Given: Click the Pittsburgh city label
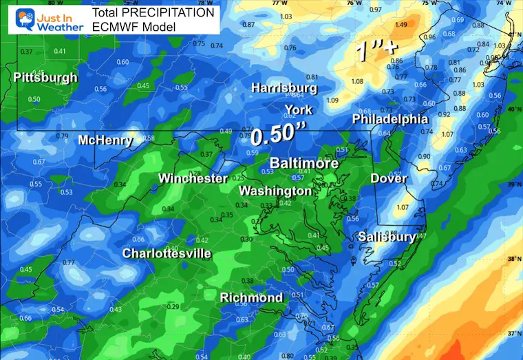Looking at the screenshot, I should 45,78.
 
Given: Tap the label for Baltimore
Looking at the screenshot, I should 303,164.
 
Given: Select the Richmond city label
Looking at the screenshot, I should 251,297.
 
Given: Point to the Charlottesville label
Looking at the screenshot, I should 167,253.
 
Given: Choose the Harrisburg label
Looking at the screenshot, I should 284,88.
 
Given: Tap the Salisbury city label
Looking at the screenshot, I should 387,237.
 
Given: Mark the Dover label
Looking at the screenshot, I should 389,178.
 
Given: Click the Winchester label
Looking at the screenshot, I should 193,178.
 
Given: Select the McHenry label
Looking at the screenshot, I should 105,140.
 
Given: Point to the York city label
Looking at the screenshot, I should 298,109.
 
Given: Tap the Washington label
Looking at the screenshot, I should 275,191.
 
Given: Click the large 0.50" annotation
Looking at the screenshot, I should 277,134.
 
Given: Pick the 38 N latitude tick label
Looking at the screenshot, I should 513,260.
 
